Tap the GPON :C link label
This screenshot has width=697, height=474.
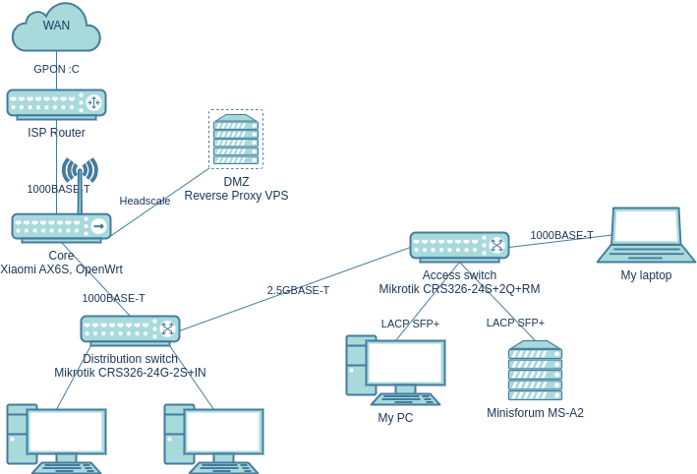56,69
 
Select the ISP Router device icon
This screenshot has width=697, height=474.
56,103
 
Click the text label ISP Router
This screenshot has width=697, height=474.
56,133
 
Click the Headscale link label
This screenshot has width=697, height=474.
145,201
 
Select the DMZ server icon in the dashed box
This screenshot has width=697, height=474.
236,140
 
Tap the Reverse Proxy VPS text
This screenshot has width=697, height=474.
236,196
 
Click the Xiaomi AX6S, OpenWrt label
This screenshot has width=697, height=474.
61,269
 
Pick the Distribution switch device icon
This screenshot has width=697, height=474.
130,329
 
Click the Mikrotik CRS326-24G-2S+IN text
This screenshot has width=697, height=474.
130,373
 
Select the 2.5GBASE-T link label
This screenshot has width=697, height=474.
298,290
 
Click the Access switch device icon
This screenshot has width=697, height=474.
459,246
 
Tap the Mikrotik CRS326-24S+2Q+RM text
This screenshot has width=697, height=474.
459,289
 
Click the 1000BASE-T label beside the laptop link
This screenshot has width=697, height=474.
561,235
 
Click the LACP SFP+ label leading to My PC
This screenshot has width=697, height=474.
410,324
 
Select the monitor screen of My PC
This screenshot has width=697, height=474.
405,363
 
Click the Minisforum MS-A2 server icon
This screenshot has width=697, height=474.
535,371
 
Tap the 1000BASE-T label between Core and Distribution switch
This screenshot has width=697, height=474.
113,298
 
